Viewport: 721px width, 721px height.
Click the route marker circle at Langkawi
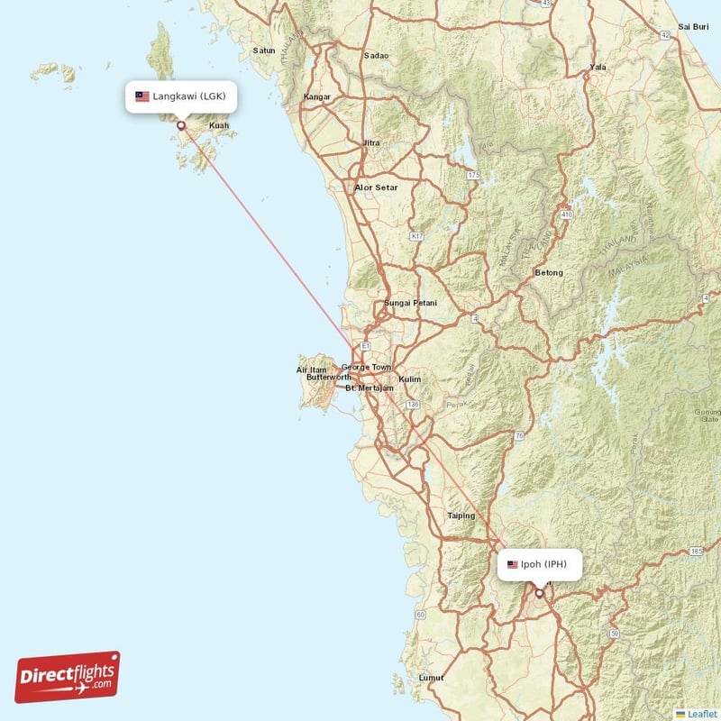[181, 126]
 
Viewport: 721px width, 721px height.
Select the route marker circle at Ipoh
[539, 593]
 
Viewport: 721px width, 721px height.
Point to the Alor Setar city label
[376, 187]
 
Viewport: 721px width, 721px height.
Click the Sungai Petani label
[410, 303]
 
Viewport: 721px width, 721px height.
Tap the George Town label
[366, 368]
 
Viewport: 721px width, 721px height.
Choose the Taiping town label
[461, 516]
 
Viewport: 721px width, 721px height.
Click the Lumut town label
[432, 677]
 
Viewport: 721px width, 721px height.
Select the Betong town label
[548, 272]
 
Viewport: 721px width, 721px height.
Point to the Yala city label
[597, 67]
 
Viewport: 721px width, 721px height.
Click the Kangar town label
[318, 96]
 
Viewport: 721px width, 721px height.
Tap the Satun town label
[264, 50]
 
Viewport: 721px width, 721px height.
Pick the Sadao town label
[376, 55]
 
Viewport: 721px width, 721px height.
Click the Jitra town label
[370, 143]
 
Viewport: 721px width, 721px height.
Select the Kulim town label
[410, 379]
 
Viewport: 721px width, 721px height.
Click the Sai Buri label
[694, 27]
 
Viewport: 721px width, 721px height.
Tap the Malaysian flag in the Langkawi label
[141, 96]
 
